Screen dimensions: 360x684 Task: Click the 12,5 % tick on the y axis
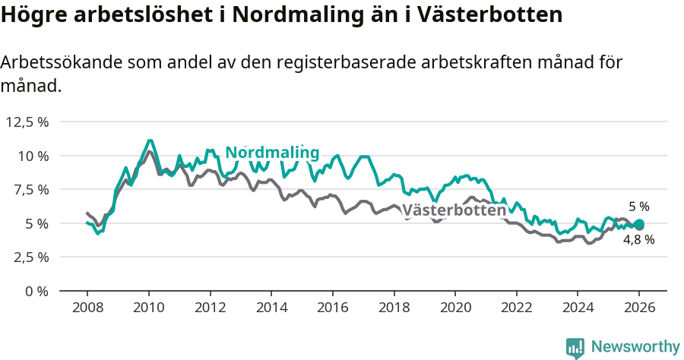pyautogui.click(x=27, y=122)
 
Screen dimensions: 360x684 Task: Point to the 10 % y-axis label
pyautogui.click(x=33, y=156)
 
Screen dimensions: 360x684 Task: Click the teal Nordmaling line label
pyautogui.click(x=272, y=153)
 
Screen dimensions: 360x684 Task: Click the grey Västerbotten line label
pyautogui.click(x=454, y=210)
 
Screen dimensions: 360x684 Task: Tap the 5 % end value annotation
pyautogui.click(x=638, y=207)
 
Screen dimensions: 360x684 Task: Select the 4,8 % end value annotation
pyautogui.click(x=638, y=239)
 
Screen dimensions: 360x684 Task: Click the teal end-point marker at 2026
pyautogui.click(x=639, y=224)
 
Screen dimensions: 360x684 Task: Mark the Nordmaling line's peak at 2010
pyautogui.click(x=150, y=141)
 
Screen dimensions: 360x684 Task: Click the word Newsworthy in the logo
pyautogui.click(x=635, y=346)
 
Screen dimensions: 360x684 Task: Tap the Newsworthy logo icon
pyautogui.click(x=575, y=347)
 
